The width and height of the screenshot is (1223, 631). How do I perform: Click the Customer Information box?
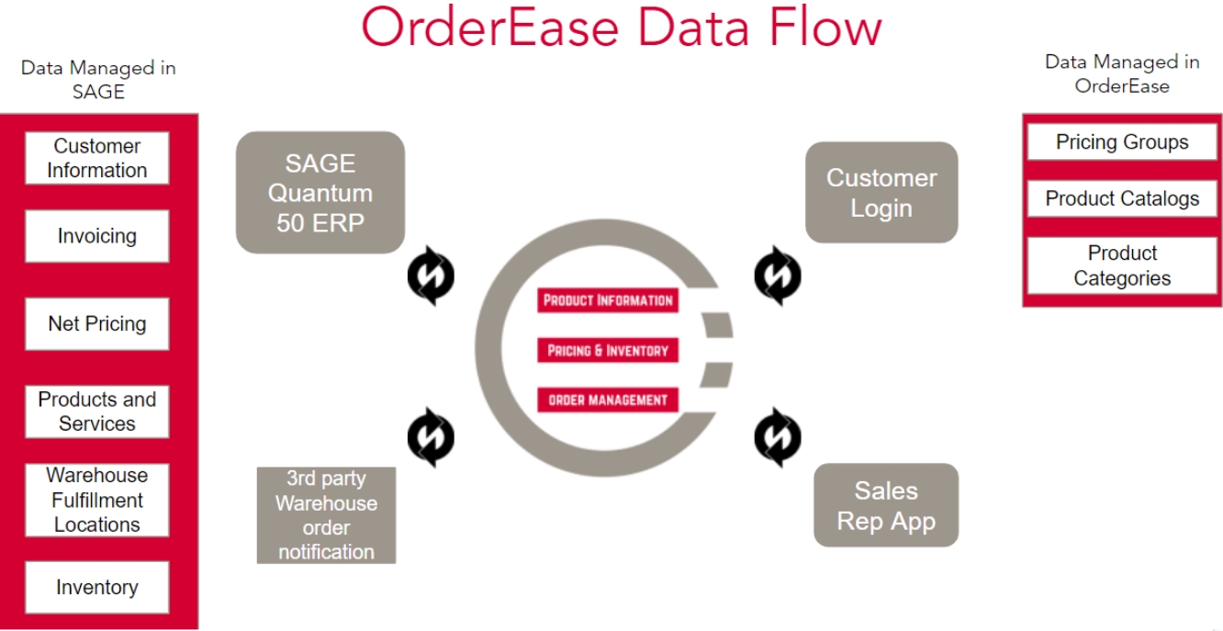click(x=96, y=158)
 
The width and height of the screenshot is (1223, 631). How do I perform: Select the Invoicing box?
click(x=96, y=236)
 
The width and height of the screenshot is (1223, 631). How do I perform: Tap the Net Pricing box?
click(x=96, y=323)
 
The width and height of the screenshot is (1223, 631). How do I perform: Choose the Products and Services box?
click(x=96, y=411)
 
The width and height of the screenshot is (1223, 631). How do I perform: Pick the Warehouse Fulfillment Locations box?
click(x=96, y=500)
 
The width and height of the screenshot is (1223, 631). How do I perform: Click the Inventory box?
click(x=96, y=587)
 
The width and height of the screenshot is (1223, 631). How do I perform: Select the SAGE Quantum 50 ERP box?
click(x=320, y=193)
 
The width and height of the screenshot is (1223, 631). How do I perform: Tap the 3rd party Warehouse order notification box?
click(x=326, y=515)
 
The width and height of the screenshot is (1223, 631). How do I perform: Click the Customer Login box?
click(x=881, y=192)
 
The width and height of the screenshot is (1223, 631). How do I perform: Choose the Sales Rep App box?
click(x=885, y=505)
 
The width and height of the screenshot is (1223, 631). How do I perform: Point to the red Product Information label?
click(x=607, y=300)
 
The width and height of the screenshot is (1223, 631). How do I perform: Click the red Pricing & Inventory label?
click(x=607, y=350)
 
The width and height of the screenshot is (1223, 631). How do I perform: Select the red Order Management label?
click(x=607, y=400)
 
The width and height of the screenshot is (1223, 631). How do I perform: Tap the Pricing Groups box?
click(x=1121, y=142)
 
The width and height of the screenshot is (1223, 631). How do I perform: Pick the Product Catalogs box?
click(x=1121, y=198)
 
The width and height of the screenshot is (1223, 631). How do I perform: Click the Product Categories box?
click(x=1121, y=265)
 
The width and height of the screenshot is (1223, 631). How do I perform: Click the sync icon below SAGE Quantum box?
click(x=431, y=276)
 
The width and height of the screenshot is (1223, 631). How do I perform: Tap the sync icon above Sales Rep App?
click(x=777, y=437)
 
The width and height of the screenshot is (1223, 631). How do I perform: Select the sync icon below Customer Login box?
click(x=777, y=276)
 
